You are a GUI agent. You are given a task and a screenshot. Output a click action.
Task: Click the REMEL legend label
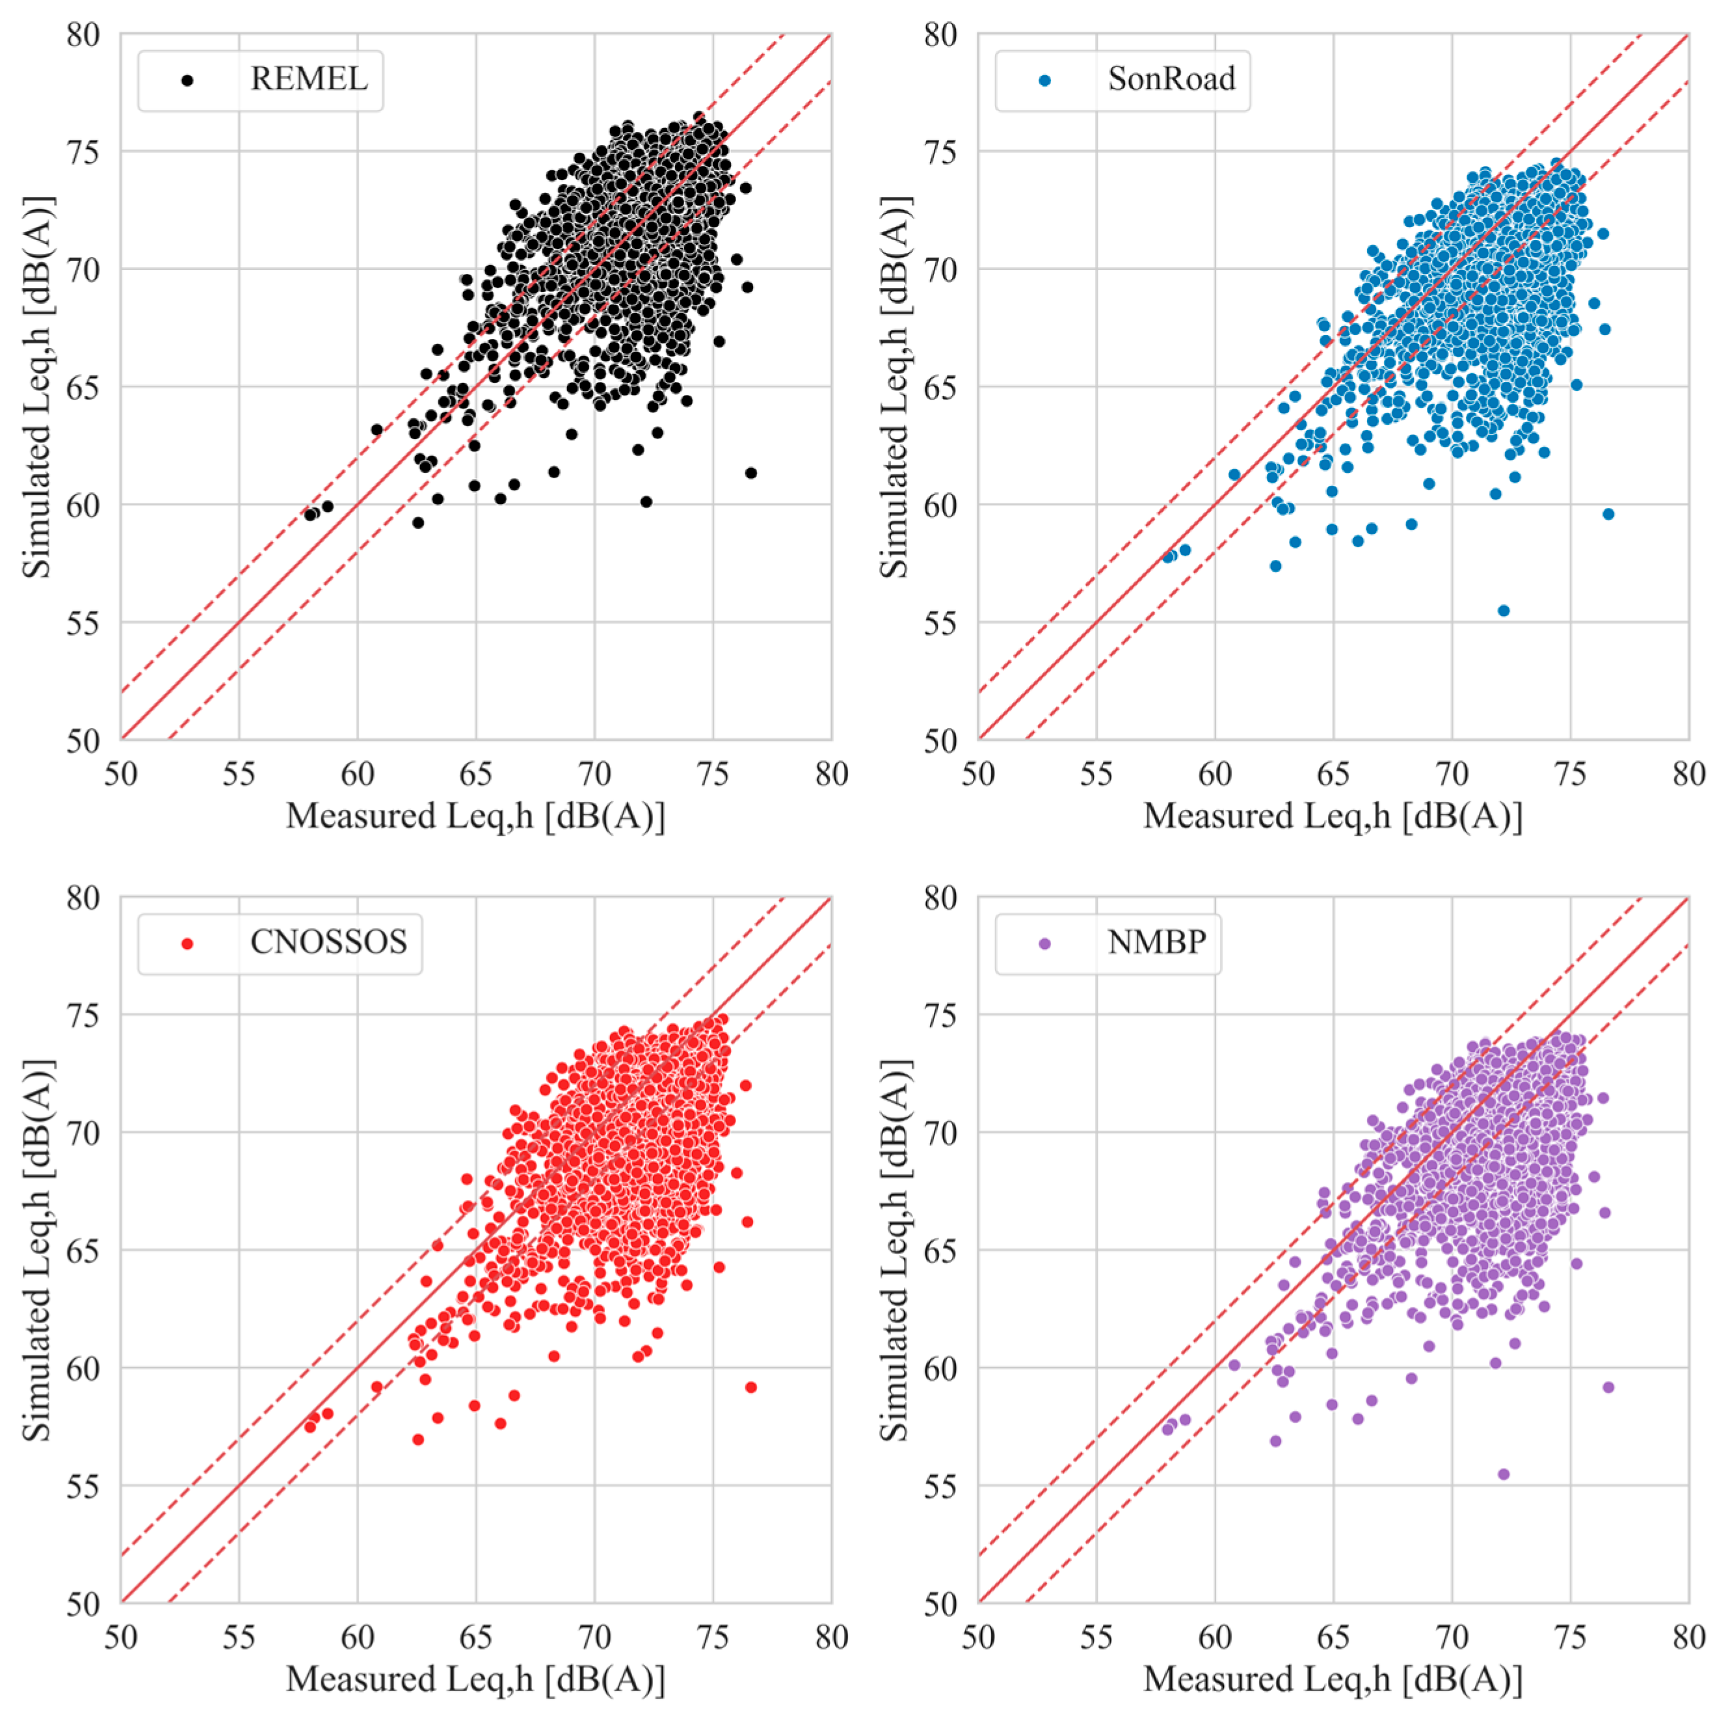308,79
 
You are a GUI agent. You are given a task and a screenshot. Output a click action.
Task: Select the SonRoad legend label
1171,79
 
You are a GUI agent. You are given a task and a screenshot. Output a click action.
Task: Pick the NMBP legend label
1156,942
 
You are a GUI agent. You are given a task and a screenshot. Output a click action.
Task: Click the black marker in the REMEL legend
187,81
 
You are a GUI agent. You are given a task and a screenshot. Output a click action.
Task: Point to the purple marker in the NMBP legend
1044,944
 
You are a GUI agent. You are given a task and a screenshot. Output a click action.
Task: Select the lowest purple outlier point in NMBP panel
1504,1473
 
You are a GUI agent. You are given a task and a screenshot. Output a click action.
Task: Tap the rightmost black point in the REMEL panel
750,473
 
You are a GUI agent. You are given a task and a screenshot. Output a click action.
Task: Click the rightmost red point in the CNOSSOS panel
750,1387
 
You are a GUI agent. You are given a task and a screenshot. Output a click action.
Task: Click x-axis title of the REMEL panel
475,816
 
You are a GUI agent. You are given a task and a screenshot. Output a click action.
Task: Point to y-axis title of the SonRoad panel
894,387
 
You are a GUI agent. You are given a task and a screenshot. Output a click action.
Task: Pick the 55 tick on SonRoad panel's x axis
1096,774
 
